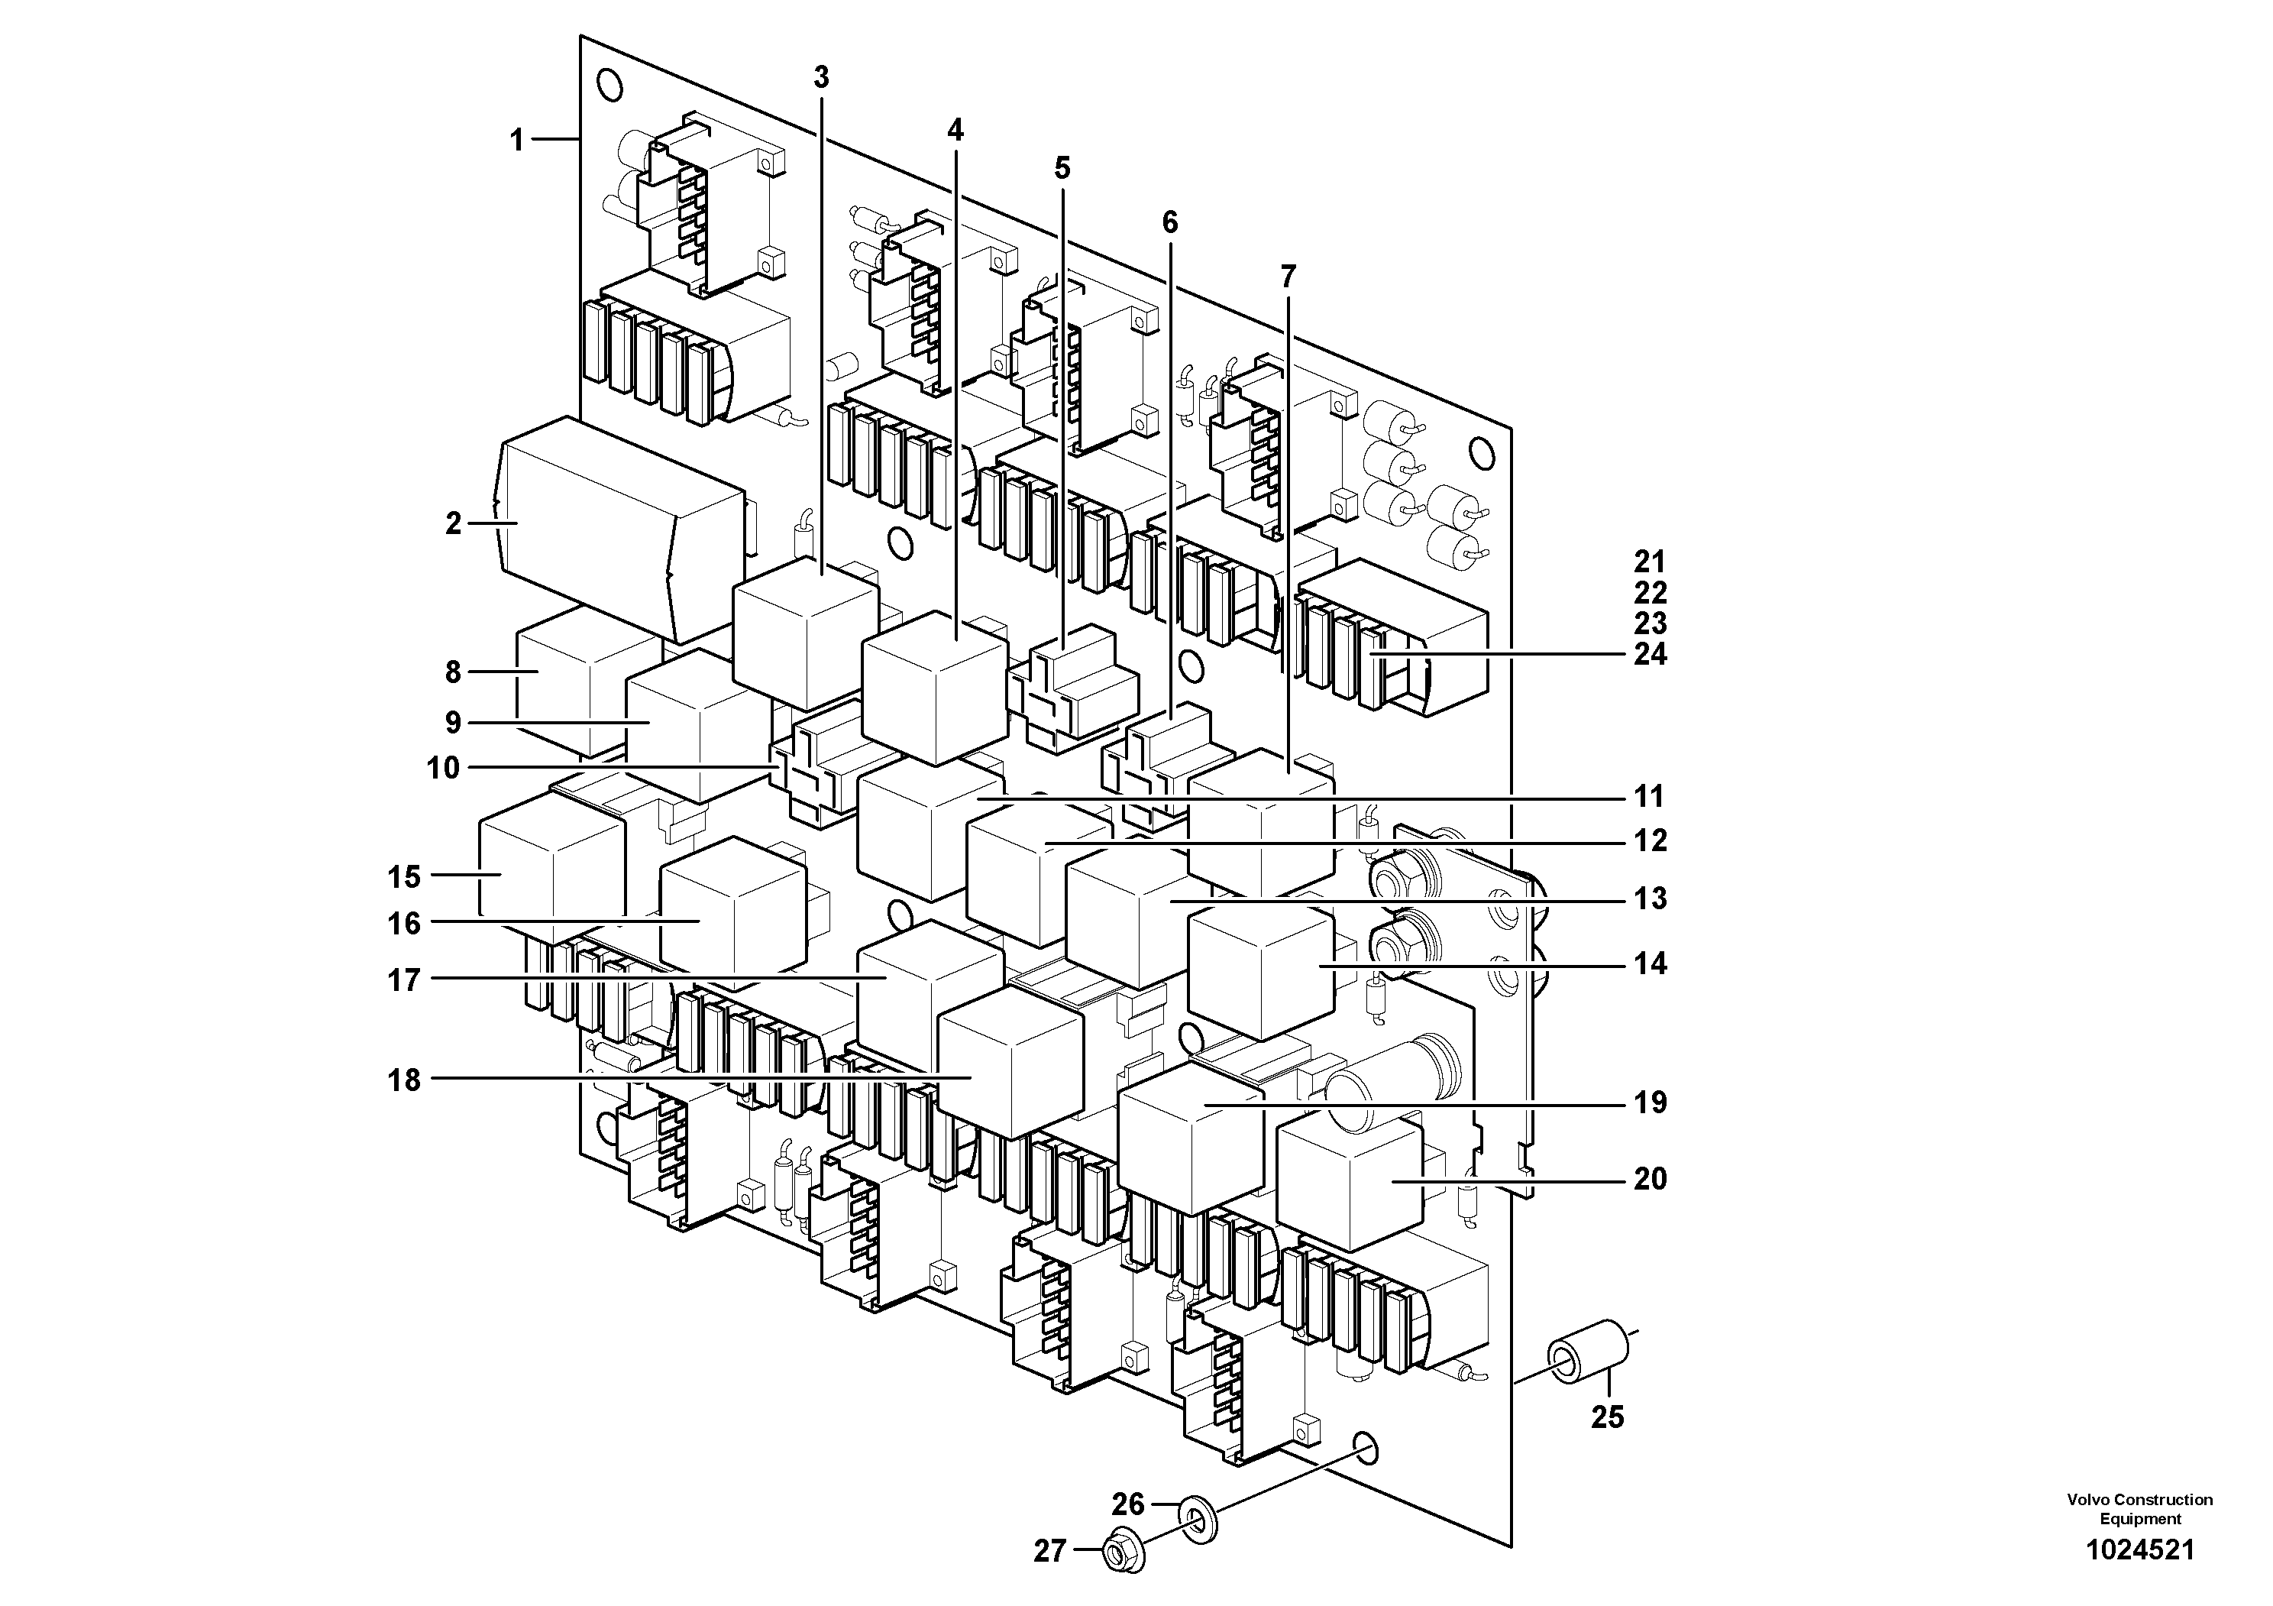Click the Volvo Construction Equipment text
point(2139,1509)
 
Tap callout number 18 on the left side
point(404,1080)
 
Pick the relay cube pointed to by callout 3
point(803,633)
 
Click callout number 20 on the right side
point(1649,1178)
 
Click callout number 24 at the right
point(1649,655)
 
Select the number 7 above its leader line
point(1287,277)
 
